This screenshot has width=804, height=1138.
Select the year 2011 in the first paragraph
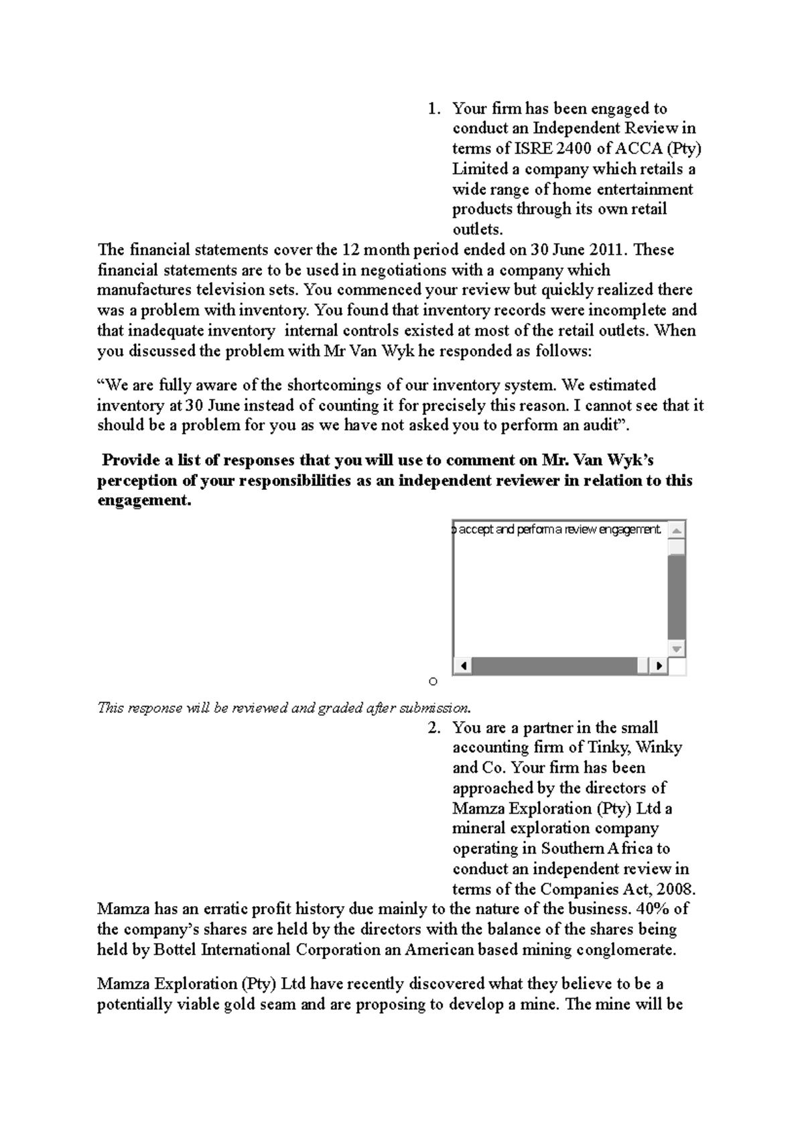point(608,250)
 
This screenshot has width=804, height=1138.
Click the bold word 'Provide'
point(131,460)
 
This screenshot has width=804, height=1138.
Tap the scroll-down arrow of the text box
point(677,649)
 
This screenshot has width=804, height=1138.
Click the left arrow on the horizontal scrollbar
point(462,666)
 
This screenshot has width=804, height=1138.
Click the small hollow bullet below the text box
point(433,682)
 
